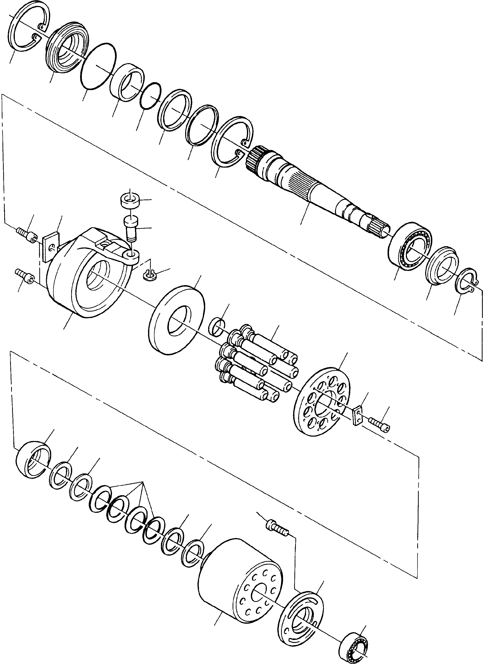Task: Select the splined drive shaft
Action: (319, 187)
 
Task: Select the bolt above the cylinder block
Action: (277, 527)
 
